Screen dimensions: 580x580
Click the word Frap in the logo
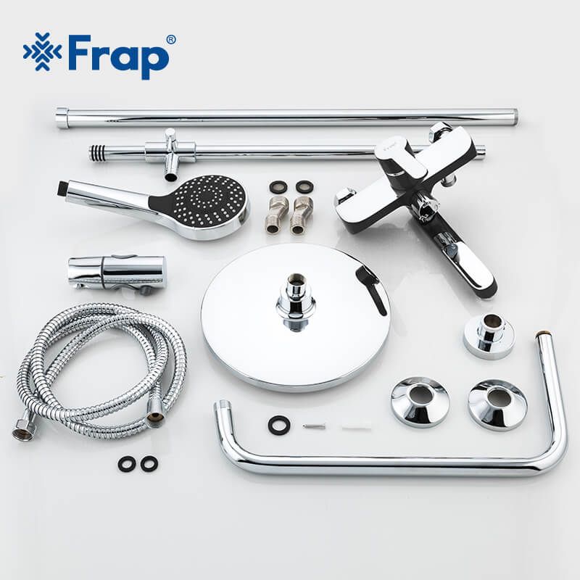click(x=117, y=57)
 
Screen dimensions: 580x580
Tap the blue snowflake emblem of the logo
click(x=42, y=51)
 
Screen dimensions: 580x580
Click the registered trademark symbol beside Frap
click(x=171, y=40)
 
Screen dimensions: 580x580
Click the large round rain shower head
click(x=295, y=317)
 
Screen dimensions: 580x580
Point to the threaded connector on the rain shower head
click(x=296, y=300)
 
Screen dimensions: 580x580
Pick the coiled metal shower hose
click(x=101, y=371)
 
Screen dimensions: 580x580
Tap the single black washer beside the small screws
click(x=278, y=425)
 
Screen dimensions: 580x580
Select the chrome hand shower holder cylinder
click(x=117, y=273)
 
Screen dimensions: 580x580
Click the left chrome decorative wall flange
click(x=420, y=402)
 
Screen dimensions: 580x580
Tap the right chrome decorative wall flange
click(x=497, y=405)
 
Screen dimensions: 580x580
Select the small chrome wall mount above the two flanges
click(x=489, y=336)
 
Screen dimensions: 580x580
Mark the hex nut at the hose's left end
click(x=23, y=431)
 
